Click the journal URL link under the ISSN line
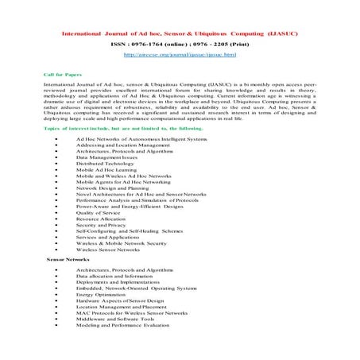(180, 55)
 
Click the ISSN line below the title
(180, 45)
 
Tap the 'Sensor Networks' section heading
(68, 260)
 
